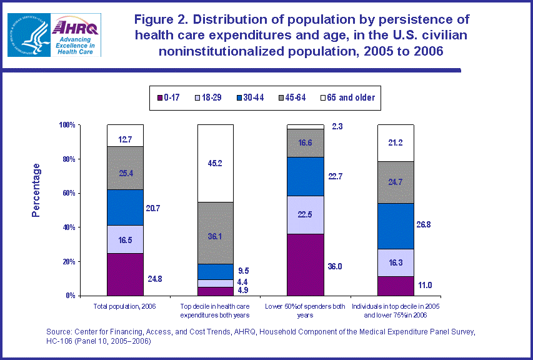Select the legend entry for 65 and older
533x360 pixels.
346,97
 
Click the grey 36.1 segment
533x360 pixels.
216,232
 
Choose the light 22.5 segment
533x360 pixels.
305,214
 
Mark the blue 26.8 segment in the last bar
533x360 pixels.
396,226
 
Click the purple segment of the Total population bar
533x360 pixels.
125,274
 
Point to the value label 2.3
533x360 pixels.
337,127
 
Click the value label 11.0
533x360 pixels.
426,285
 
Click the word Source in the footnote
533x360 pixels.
59,331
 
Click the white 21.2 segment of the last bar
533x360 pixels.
396,143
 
